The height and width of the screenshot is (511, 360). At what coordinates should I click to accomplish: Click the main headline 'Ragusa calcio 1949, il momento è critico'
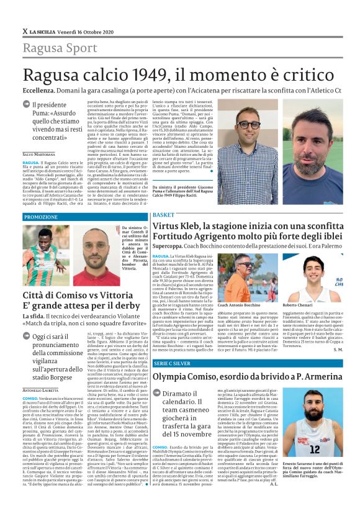point(179,77)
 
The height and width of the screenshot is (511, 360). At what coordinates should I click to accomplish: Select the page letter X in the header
point(25,31)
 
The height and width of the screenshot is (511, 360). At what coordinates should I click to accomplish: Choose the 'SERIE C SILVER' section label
point(169,361)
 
